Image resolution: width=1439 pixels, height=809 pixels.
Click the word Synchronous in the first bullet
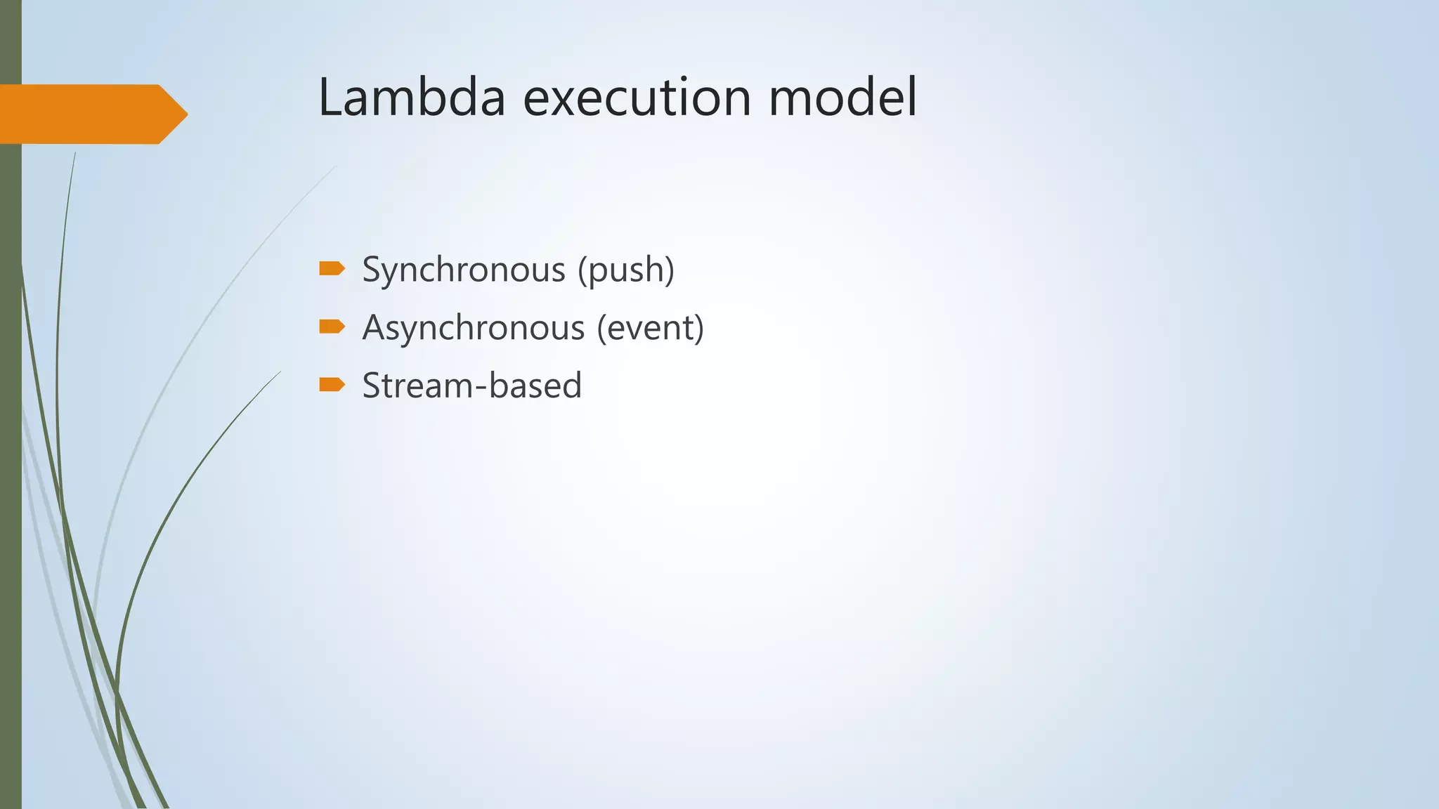[x=464, y=270]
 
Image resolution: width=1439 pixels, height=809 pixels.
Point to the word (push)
[x=626, y=270]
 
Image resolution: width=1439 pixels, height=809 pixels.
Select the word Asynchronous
[x=474, y=328]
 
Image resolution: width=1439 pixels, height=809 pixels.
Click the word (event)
[x=650, y=328]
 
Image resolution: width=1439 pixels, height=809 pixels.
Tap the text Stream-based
[x=472, y=386]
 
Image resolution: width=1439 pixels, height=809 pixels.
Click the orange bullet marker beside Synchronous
[x=332, y=268]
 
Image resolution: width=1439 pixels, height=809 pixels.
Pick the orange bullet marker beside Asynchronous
[x=332, y=327]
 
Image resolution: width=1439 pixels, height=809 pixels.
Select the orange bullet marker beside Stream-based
[x=332, y=384]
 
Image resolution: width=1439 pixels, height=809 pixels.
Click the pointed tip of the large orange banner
[x=183, y=114]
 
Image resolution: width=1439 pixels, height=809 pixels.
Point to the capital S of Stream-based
[x=372, y=386]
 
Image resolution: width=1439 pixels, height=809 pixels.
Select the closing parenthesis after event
[x=698, y=328]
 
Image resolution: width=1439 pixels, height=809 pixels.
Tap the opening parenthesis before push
[x=582, y=270]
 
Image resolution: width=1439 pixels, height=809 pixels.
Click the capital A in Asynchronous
[x=374, y=328]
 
